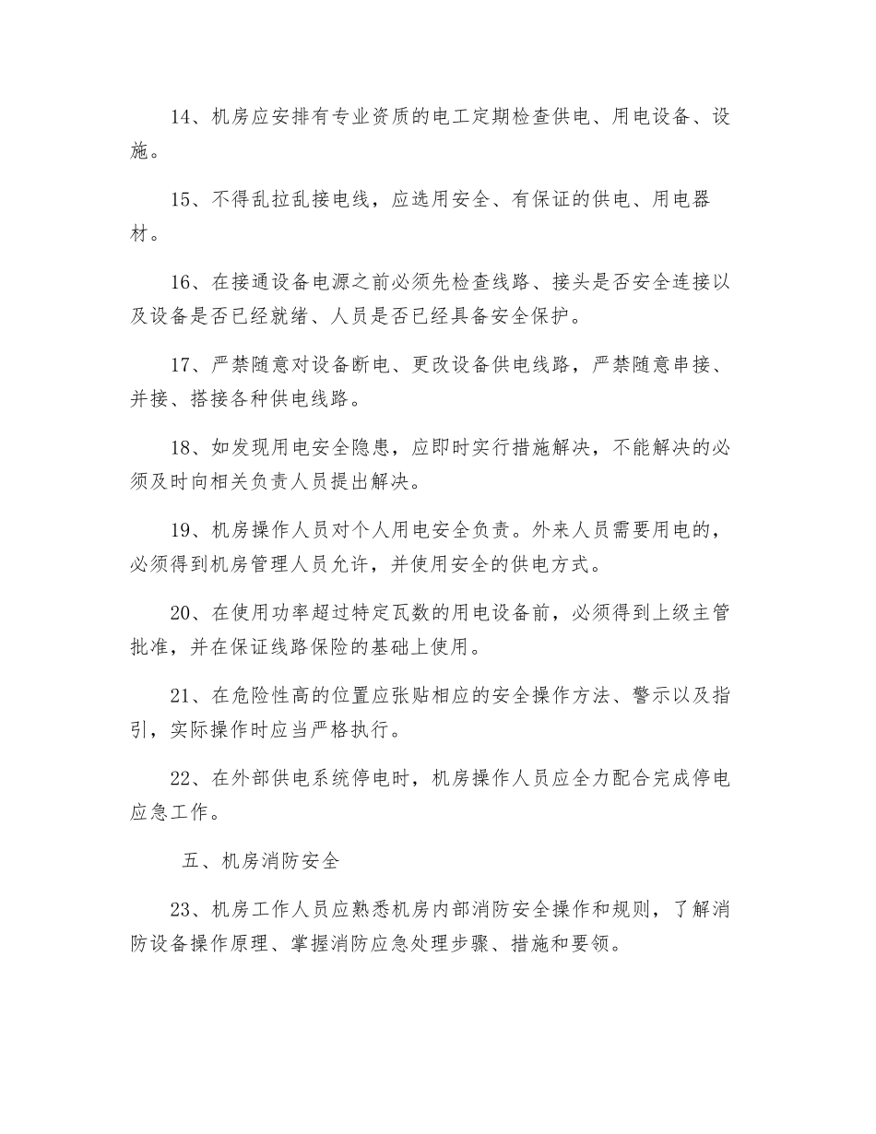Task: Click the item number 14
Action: coord(181,117)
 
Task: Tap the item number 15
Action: coord(181,200)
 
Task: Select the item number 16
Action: coord(181,283)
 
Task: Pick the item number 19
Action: coord(181,531)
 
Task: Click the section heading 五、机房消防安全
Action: coord(261,862)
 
